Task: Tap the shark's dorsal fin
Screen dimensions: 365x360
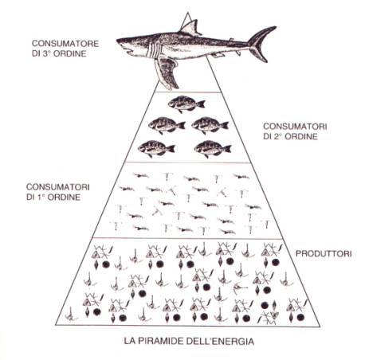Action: coord(190,28)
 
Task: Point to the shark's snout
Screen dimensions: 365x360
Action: coord(121,41)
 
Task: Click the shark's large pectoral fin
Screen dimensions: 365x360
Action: coord(167,73)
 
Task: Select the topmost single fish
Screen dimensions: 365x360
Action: coord(186,104)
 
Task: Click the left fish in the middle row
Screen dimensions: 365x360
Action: coord(167,125)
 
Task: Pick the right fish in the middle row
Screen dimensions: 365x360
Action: coord(210,125)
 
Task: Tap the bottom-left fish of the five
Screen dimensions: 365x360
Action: coord(156,148)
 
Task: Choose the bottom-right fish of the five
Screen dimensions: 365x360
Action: coord(213,148)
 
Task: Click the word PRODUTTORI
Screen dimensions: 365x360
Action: coord(324,254)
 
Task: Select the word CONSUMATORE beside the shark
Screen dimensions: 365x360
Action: coord(65,44)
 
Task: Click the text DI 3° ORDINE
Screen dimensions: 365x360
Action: coord(59,53)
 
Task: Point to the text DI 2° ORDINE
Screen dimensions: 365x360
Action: coord(290,136)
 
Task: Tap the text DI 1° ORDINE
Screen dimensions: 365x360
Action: coord(53,198)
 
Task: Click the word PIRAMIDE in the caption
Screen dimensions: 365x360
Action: coord(160,341)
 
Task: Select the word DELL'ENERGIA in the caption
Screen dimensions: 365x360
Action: coord(220,341)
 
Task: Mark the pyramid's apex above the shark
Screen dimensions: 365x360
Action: coord(188,13)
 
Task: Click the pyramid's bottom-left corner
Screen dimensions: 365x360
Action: coord(56,325)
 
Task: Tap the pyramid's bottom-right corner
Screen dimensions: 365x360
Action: coord(320,327)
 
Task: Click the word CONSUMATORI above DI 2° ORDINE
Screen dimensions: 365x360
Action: coord(295,126)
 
